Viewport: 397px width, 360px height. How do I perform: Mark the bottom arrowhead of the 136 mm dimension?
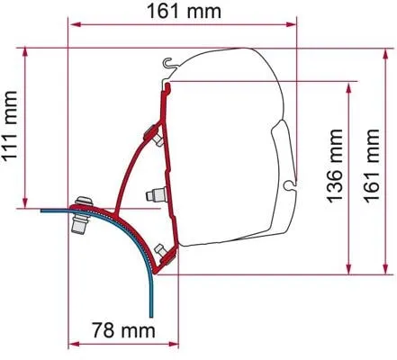(347, 269)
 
